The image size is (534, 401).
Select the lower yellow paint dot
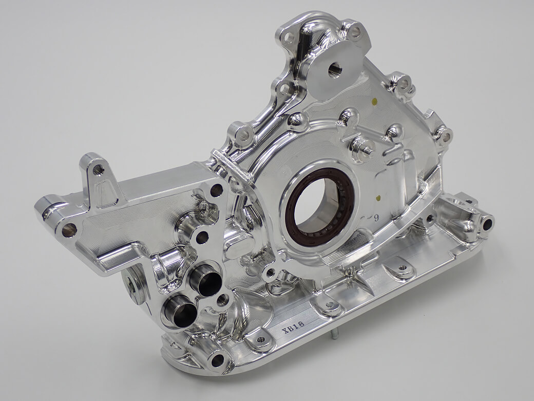[x=377, y=196]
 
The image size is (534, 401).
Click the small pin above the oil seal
[x=368, y=150]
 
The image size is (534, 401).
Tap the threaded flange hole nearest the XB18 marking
[x=260, y=340]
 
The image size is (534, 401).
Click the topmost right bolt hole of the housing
[x=355, y=32]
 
